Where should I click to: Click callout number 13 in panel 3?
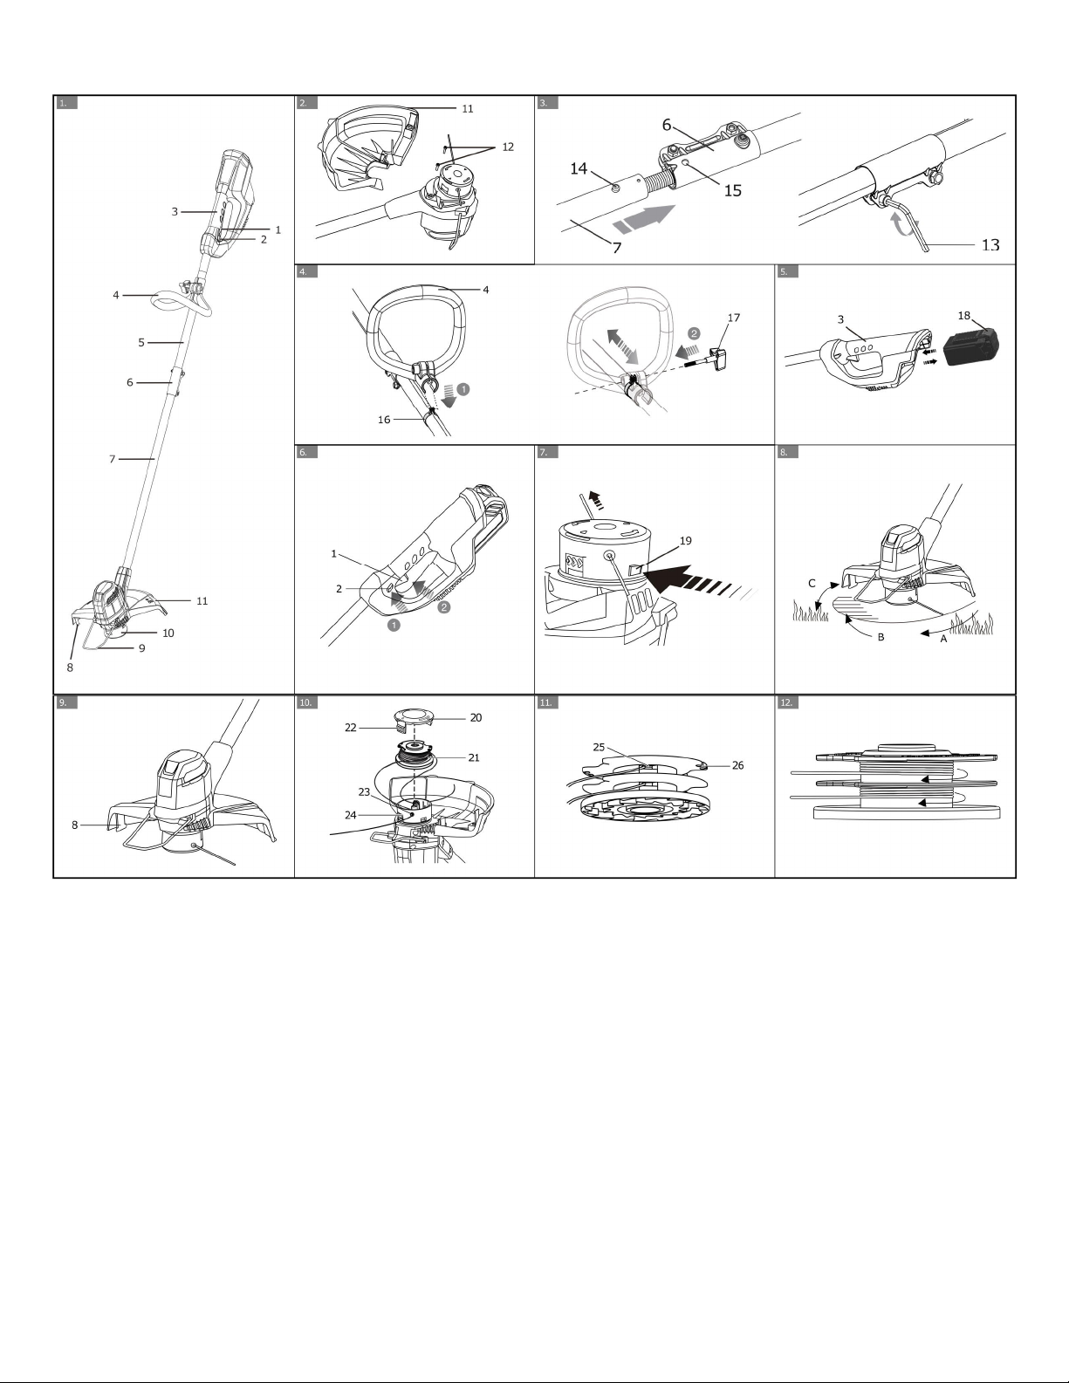990,245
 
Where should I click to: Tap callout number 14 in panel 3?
579,168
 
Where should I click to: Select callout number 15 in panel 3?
733,191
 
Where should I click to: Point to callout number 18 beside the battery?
964,316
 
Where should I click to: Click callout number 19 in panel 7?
685,541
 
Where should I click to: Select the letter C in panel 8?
812,583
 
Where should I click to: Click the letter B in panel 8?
881,637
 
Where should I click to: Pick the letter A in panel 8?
943,639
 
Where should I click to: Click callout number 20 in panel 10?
476,718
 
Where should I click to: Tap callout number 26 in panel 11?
737,765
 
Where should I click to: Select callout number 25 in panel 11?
599,747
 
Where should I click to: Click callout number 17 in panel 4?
734,318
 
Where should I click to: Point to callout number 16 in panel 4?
384,420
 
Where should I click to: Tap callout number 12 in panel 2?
508,147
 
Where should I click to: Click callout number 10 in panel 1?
168,633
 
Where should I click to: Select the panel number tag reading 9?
66,702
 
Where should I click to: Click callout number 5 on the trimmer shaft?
141,342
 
